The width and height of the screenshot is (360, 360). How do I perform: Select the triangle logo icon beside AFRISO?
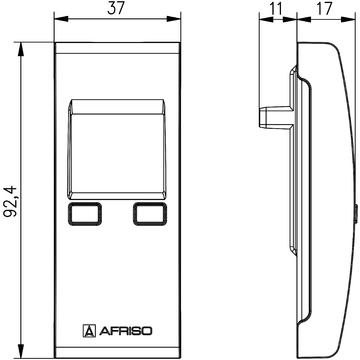[x=89, y=328]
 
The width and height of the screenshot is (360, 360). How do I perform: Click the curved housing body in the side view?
[x=325, y=200]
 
